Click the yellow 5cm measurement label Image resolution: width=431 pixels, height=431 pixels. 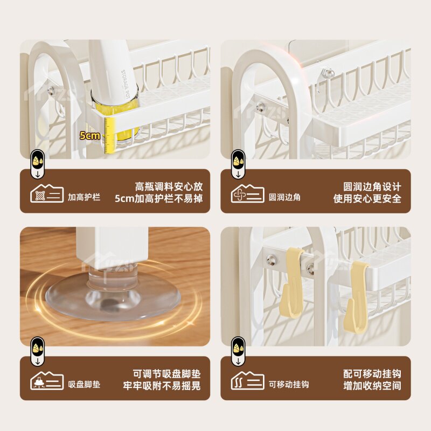pyautogui.click(x=89, y=136)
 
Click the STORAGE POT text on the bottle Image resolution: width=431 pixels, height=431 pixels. pyautogui.click(x=125, y=84)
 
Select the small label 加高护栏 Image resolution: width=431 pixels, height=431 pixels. pyautogui.click(x=84, y=197)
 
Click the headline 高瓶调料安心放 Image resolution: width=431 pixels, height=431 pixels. pyautogui.click(x=169, y=186)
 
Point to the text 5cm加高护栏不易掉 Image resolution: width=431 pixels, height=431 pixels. pyautogui.click(x=159, y=198)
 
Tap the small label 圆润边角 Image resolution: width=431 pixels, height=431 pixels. pyautogui.click(x=284, y=197)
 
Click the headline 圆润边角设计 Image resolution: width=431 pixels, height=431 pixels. pyautogui.click(x=372, y=186)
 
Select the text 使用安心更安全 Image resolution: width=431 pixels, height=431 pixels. pyautogui.click(x=367, y=198)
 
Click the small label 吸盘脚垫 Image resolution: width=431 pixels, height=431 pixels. pyautogui.click(x=84, y=384)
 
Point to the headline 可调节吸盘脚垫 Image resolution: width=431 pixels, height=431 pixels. pyautogui.click(x=167, y=374)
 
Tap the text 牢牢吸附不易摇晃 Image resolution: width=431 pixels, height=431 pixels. pyautogui.click(x=162, y=386)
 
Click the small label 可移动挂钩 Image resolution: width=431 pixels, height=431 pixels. pyautogui.click(x=289, y=384)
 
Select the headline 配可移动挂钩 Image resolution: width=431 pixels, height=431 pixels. pyautogui.click(x=372, y=374)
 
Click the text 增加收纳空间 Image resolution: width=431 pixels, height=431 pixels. pyautogui.click(x=372, y=386)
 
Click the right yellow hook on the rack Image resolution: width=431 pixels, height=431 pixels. pyautogui.click(x=357, y=297)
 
